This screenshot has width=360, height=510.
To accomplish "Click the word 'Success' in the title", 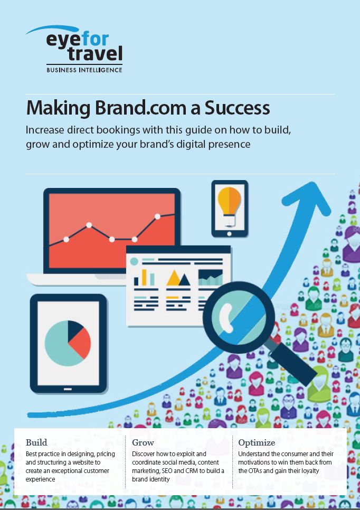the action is click(x=237, y=108).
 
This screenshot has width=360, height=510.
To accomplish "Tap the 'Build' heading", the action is click(x=36, y=442).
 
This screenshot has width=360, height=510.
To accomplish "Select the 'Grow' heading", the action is click(x=143, y=442).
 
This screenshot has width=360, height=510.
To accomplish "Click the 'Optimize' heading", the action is click(x=257, y=442).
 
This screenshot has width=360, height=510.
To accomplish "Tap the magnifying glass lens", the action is click(x=239, y=317).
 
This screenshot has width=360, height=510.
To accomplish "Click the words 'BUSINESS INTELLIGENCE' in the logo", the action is click(x=84, y=70).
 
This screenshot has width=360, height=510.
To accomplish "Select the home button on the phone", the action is click(x=229, y=234).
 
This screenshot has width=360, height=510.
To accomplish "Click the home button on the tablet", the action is click(x=68, y=389).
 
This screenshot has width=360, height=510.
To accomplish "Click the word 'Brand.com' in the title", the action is click(x=142, y=108).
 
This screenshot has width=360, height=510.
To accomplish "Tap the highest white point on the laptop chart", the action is click(x=157, y=216).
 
